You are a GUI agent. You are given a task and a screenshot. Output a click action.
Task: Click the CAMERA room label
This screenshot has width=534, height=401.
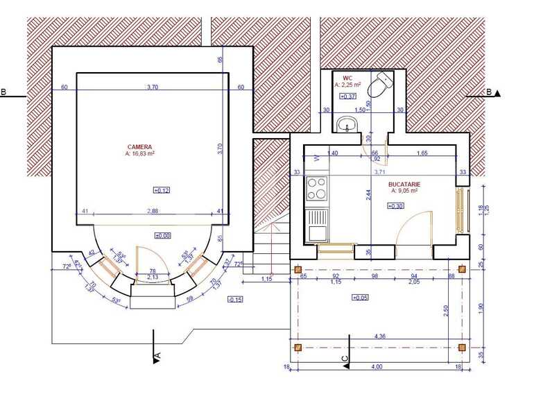(139, 148)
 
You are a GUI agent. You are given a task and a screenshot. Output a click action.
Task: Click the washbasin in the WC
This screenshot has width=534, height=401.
(346, 125)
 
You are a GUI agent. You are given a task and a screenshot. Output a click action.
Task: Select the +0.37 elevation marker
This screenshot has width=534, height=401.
(347, 96)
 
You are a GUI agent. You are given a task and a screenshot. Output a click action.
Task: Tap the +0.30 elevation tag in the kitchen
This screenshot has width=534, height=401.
(395, 206)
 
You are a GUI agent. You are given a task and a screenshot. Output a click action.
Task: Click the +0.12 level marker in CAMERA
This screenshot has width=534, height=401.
(161, 189)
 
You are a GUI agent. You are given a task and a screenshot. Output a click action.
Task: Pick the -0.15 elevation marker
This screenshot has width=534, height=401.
(234, 299)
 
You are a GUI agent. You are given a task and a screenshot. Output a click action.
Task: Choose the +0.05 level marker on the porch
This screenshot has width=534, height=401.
(359, 297)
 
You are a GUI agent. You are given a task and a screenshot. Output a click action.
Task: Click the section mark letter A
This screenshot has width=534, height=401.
(158, 355)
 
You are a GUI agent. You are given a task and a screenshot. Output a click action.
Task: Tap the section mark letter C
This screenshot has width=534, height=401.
(345, 357)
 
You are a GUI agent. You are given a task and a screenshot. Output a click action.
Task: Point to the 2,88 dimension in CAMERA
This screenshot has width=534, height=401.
(153, 210)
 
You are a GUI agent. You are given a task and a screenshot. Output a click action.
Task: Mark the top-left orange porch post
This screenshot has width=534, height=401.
(298, 269)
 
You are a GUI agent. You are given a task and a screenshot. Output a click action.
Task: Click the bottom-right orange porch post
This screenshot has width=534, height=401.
(462, 347)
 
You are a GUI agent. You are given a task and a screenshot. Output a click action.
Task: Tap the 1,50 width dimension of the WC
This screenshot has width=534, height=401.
(359, 110)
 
